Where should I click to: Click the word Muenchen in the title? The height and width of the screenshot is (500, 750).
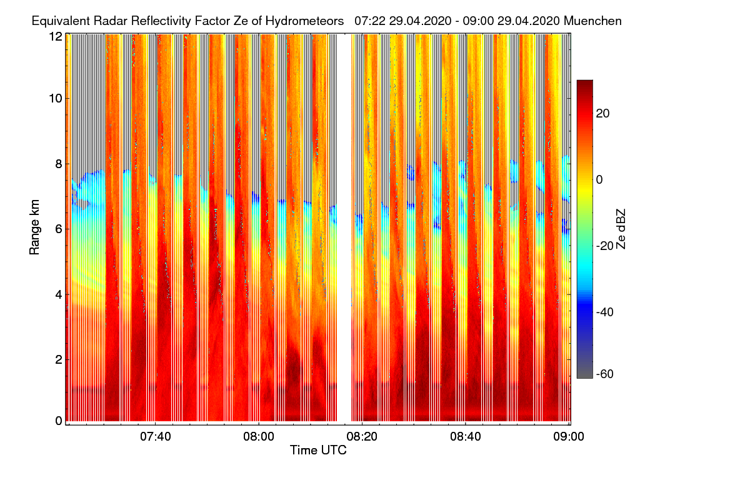(x=592, y=21)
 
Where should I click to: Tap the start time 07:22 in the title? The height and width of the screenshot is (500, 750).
(x=368, y=21)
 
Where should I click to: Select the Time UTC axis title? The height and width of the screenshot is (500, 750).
(x=317, y=449)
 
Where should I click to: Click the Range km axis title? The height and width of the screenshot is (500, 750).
(x=34, y=227)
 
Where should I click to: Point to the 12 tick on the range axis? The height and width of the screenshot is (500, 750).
(x=56, y=36)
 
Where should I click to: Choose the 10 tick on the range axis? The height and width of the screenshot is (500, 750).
(x=56, y=98)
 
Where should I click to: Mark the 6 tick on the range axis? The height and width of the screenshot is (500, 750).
(x=58, y=229)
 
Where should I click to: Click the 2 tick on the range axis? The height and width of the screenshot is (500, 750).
(x=58, y=359)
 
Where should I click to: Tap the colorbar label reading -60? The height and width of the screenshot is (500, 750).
(x=608, y=374)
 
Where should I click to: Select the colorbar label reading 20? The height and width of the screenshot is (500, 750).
(x=604, y=113)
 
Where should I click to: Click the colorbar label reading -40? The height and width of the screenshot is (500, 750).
(x=608, y=311)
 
